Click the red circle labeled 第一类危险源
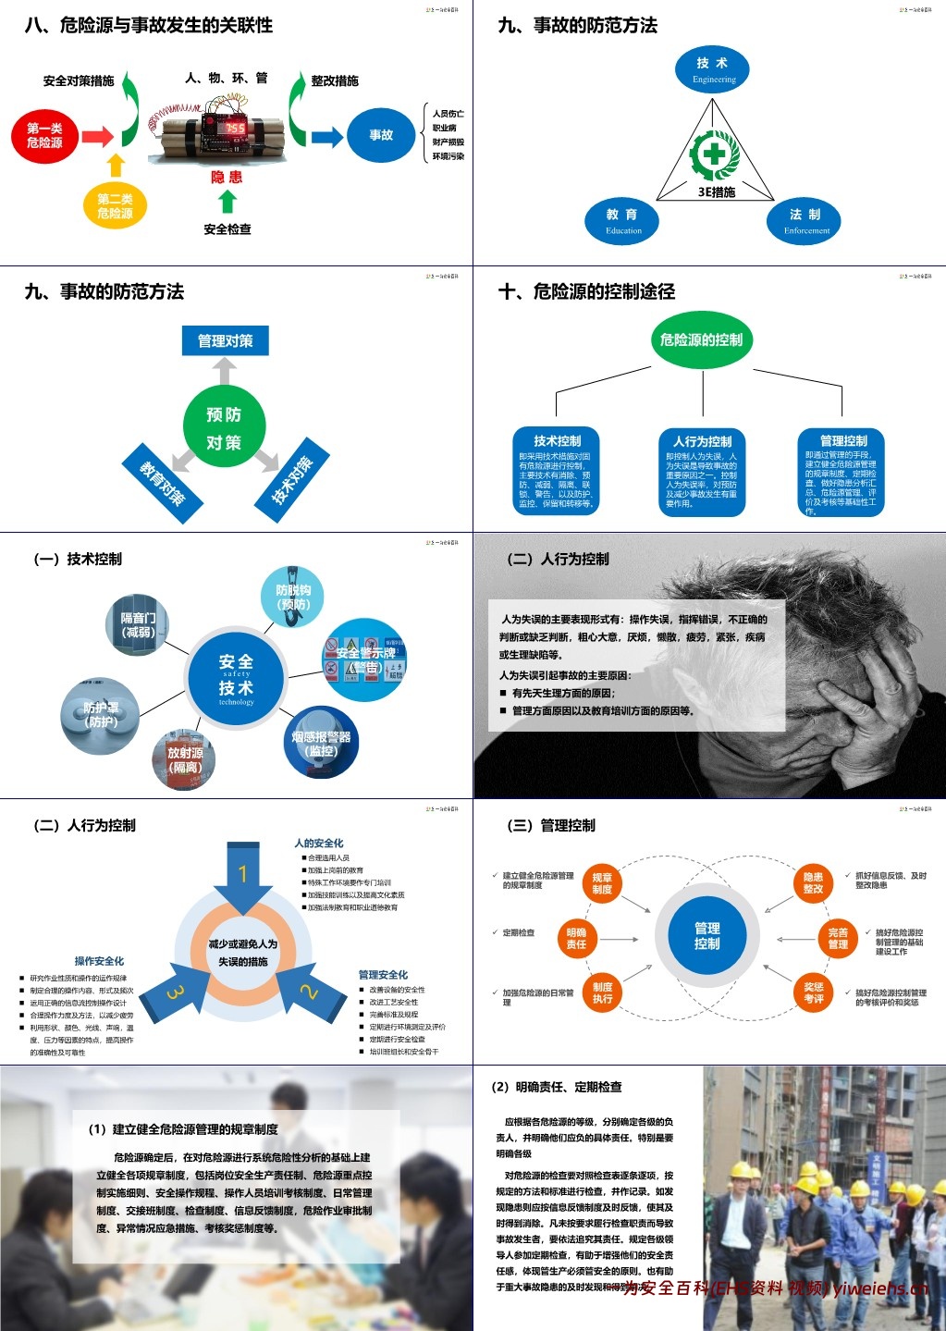(44, 136)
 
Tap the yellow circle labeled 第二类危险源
(115, 205)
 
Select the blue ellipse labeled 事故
(381, 135)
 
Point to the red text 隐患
(227, 177)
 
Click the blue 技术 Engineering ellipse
(713, 68)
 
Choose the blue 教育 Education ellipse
(622, 220)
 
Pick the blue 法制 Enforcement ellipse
(805, 220)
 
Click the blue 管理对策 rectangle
(225, 341)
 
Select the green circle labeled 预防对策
(224, 427)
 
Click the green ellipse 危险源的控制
(702, 339)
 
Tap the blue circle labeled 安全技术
(236, 679)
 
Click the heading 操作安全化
(99, 961)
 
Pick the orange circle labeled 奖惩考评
(814, 992)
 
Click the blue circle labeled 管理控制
(707, 936)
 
